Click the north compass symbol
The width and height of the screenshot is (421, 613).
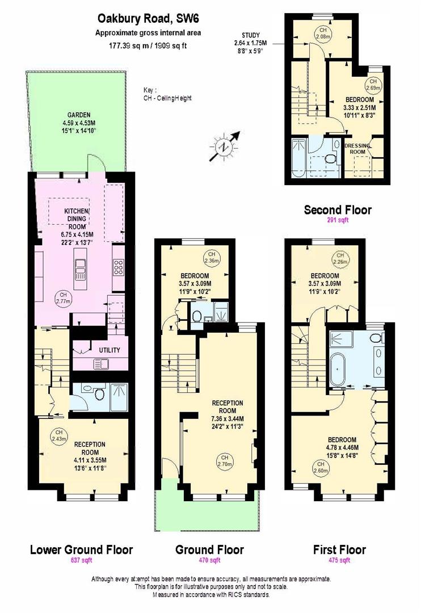[226, 145]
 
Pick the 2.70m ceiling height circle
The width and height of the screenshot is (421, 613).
[225, 460]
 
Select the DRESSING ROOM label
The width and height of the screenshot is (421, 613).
[357, 149]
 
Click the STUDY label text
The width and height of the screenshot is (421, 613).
[251, 35]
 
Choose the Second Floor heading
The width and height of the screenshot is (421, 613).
[338, 210]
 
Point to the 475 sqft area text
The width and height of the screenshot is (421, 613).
[339, 561]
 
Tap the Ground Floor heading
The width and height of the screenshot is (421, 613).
[209, 549]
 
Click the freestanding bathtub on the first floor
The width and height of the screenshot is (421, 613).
[339, 369]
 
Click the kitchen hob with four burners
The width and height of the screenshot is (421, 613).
[119, 266]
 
